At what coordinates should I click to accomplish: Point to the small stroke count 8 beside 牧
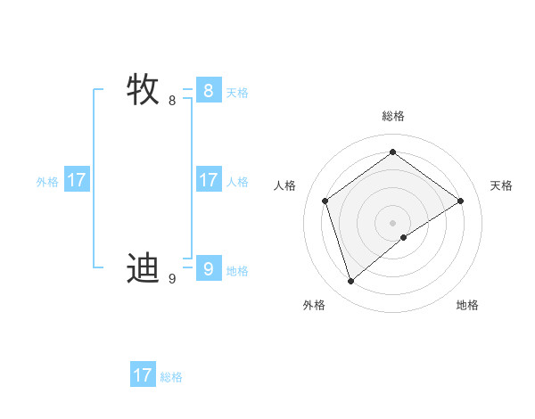172,101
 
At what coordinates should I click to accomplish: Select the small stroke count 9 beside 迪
172,279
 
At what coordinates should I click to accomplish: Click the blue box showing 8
208,90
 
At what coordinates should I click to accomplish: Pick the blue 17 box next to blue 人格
208,179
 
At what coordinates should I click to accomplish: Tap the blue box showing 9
208,268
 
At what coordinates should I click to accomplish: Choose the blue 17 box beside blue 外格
77,179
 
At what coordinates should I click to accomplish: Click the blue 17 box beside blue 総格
143,375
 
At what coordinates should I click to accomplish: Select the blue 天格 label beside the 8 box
237,93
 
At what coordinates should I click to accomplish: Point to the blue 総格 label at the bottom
171,378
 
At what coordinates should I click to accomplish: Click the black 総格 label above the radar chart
392,116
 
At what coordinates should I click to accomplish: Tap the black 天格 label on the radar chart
501,185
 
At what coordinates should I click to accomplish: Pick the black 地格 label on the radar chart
467,305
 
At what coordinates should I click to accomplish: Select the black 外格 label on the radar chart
314,305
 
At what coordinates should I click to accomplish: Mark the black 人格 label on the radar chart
284,185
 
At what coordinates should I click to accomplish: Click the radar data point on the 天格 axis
460,201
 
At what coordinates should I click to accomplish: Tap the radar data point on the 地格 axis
404,237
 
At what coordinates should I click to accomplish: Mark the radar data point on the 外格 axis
351,282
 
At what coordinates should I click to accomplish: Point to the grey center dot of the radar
392,222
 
